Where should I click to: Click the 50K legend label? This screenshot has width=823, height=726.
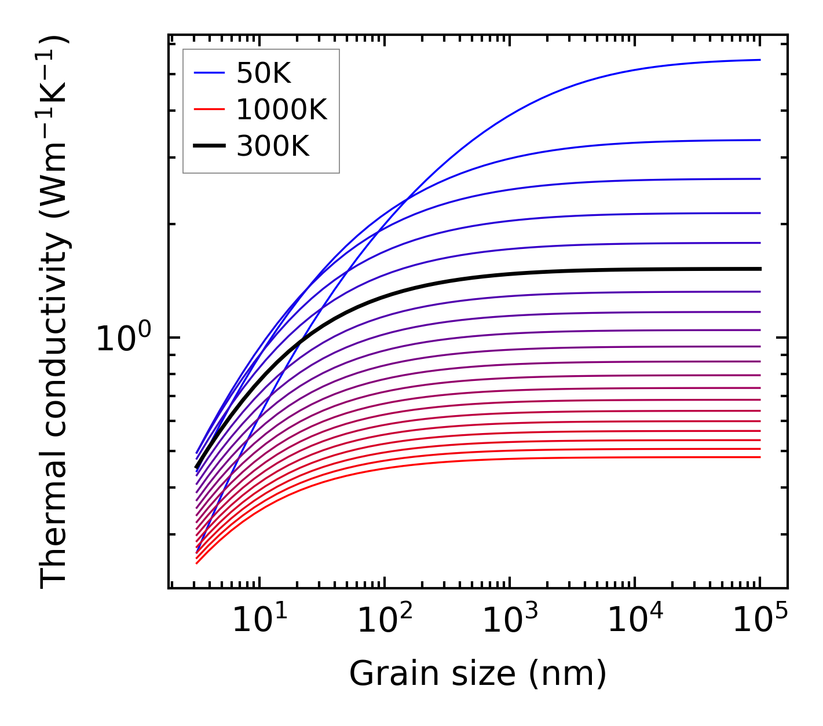click(264, 74)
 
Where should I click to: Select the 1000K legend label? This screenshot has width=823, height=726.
click(281, 110)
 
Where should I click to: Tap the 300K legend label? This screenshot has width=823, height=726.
click(273, 146)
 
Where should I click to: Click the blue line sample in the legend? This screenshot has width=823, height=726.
click(209, 74)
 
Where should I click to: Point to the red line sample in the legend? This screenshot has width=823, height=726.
click(209, 110)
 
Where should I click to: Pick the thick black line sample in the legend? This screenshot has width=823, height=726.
click(209, 146)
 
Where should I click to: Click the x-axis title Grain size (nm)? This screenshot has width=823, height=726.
click(478, 674)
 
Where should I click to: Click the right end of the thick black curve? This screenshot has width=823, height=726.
click(760, 269)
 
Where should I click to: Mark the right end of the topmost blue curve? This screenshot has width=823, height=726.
click(760, 60)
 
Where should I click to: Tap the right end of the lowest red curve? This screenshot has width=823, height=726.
click(760, 457)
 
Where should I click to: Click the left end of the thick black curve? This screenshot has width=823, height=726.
click(197, 467)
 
